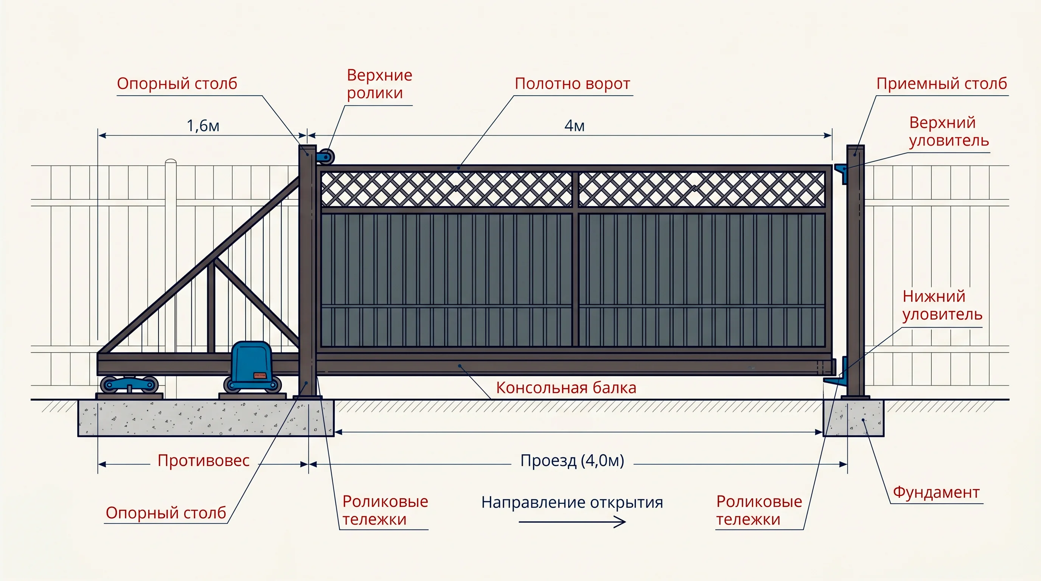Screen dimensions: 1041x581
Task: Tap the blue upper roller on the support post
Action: [325, 156]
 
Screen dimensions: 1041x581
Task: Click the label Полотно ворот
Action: [572, 84]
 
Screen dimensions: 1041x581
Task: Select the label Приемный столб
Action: [942, 84]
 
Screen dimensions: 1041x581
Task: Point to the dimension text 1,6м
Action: [203, 126]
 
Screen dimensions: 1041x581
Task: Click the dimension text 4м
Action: [574, 126]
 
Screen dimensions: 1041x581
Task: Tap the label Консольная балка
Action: [566, 387]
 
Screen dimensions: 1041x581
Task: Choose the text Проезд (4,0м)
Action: [572, 460]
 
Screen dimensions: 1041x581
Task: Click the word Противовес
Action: [204, 461]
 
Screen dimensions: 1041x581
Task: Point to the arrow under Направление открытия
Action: [572, 522]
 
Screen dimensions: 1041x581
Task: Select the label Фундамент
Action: [936, 492]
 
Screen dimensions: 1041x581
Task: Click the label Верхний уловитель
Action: [949, 131]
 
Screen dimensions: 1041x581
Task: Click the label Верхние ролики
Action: [379, 84]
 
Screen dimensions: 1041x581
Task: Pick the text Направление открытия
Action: [572, 502]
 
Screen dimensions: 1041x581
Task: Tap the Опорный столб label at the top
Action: [177, 84]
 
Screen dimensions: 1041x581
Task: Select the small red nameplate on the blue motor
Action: [260, 375]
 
